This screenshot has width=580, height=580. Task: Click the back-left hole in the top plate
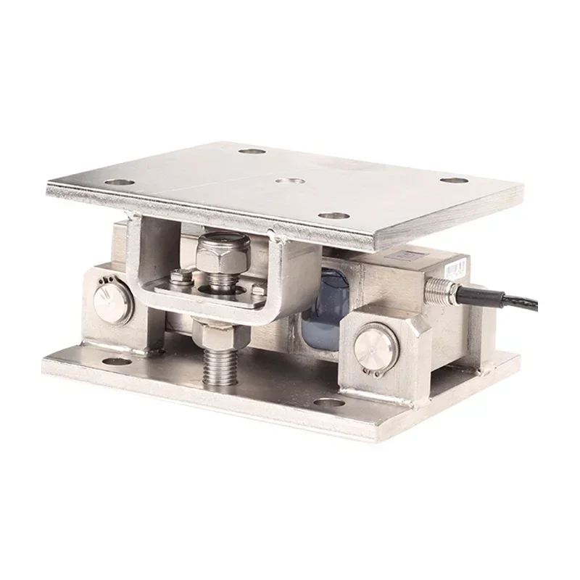(251, 153)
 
